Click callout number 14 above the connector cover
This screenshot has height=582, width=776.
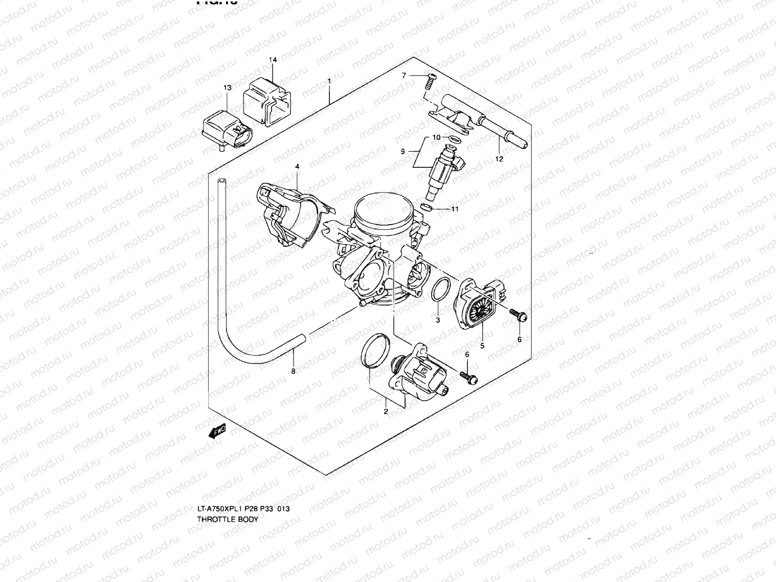[273, 60]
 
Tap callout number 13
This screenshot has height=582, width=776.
[227, 88]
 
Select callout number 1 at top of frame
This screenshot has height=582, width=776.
[329, 81]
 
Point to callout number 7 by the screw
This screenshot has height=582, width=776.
[403, 75]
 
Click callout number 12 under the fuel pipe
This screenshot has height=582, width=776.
[500, 159]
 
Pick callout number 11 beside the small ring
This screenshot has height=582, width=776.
[454, 210]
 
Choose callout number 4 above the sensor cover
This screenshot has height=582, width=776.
[297, 167]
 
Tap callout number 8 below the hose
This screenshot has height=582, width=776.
[293, 372]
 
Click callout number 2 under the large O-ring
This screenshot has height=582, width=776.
[386, 412]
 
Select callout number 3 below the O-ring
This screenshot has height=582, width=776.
[437, 320]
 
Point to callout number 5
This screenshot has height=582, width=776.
[482, 346]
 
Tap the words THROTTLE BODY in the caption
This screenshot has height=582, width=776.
[227, 519]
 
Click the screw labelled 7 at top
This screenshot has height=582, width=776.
[429, 81]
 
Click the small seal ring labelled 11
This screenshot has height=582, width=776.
[426, 208]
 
